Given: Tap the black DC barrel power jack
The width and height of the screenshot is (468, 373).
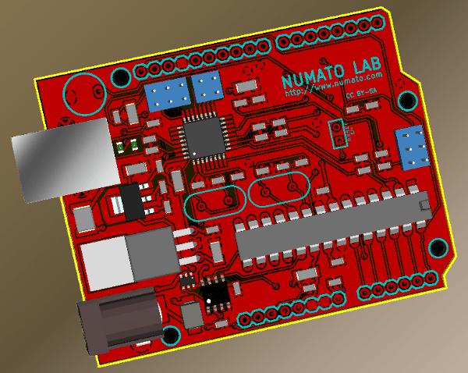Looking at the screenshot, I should pyautogui.click(x=117, y=321).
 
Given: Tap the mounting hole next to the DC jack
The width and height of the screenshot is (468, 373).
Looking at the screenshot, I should pyautogui.click(x=171, y=336).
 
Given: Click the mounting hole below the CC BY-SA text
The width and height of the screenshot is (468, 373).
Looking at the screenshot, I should pyautogui.click(x=407, y=101).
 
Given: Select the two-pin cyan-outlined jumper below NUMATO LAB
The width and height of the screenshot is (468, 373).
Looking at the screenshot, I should pyautogui.click(x=339, y=133).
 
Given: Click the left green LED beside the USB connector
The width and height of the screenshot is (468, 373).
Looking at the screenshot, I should pyautogui.click(x=121, y=145).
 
